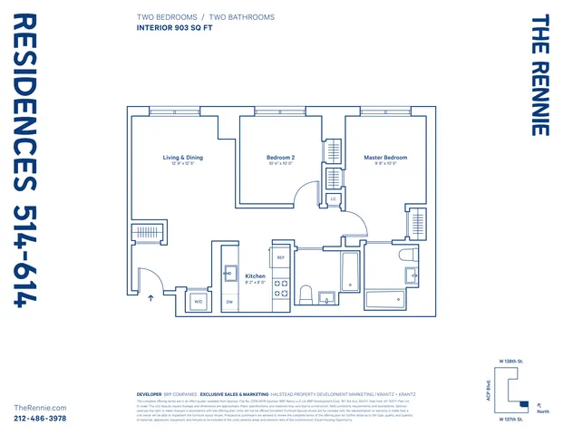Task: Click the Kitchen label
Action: pyautogui.click(x=256, y=275)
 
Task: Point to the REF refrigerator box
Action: pyautogui.click(x=281, y=258)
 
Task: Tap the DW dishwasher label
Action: pyautogui.click(x=229, y=301)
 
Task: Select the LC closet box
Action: pyautogui.click(x=333, y=198)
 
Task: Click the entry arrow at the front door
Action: pyautogui.click(x=150, y=298)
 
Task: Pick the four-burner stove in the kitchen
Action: pyautogui.click(x=282, y=288)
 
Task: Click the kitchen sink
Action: pyautogui.click(x=230, y=272)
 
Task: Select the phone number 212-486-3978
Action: pyautogui.click(x=41, y=419)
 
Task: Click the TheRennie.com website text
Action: pyautogui.click(x=41, y=409)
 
